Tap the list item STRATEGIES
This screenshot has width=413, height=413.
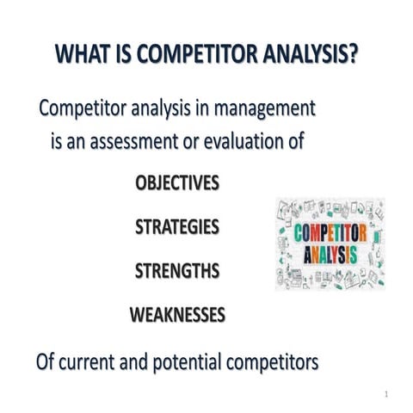[x=177, y=227]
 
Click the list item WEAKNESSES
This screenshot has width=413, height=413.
[x=177, y=315]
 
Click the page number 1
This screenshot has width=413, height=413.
[x=387, y=395]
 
